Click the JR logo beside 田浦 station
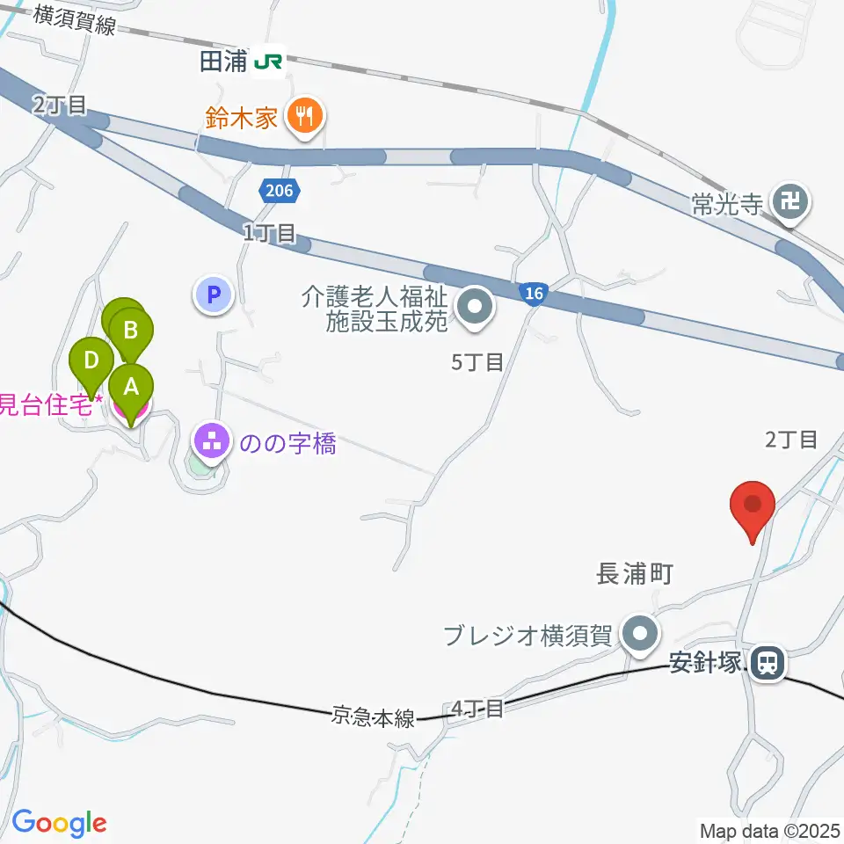pos(268,62)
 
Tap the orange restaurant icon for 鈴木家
pos(304,115)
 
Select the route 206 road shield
pos(280,190)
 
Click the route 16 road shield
pos(533,294)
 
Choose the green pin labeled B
pos(131,332)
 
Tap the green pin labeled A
pos(131,388)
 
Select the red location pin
pos(753,506)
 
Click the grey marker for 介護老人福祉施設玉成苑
pos(476,308)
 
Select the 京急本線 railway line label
pos(373,717)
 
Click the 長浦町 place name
pos(634,575)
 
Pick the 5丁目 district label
pos(477,361)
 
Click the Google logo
pos(59,824)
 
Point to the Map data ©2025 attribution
pos(771,830)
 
